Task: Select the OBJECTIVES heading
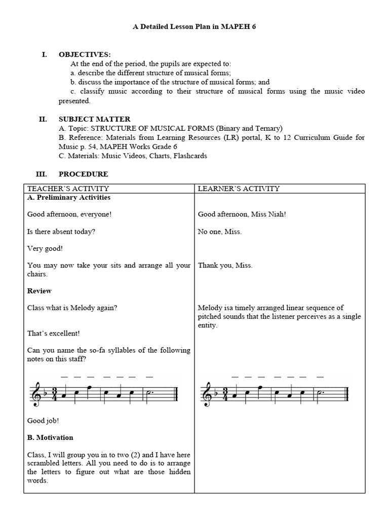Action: (x=85, y=55)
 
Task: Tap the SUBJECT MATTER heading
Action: (x=94, y=119)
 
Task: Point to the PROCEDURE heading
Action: (x=83, y=174)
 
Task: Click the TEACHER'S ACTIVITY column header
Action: (x=68, y=189)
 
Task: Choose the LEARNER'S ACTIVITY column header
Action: (x=239, y=189)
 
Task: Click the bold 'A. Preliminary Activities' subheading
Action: (x=69, y=197)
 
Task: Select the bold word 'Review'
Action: (x=40, y=291)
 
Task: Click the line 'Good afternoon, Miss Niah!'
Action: (x=242, y=214)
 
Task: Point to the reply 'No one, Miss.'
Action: (x=220, y=232)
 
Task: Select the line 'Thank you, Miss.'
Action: (x=225, y=266)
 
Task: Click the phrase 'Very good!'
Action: (x=45, y=248)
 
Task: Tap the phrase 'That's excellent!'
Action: (x=54, y=333)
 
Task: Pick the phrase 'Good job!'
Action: (x=44, y=420)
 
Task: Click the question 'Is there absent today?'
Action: (x=61, y=232)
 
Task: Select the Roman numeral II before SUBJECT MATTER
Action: (x=43, y=119)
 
